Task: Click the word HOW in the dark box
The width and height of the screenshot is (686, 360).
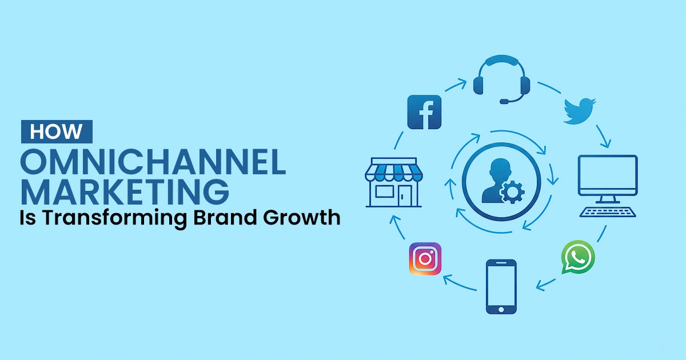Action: click(56, 131)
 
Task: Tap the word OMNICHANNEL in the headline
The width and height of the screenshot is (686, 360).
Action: click(153, 163)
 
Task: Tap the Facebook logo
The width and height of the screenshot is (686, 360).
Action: click(424, 112)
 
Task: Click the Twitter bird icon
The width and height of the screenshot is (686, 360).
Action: click(580, 111)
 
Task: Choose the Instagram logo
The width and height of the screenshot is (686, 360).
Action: click(425, 259)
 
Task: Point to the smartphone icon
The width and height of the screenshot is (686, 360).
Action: click(501, 286)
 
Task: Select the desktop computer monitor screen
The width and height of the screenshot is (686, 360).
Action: click(608, 176)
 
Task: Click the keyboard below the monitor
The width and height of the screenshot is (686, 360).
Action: click(607, 211)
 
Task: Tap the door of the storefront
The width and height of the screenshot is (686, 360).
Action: click(405, 195)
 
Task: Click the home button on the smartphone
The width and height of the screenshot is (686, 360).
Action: click(501, 309)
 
